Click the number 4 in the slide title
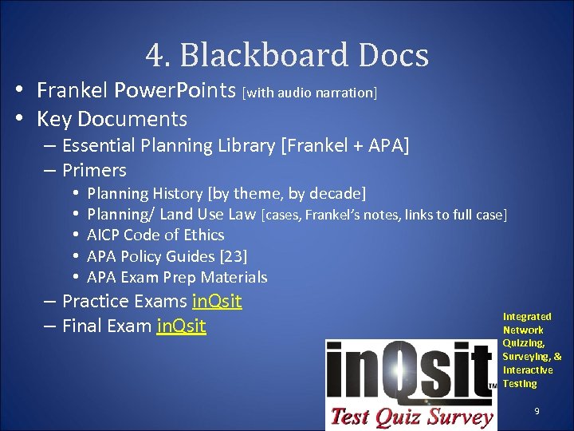(154, 56)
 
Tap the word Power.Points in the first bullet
(175, 90)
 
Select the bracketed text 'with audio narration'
(309, 93)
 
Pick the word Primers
(94, 170)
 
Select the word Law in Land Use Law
(242, 214)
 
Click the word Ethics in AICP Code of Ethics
(203, 235)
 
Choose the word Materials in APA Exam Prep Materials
(234, 277)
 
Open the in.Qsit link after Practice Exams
(217, 302)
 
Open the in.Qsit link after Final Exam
(181, 326)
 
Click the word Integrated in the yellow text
(527, 317)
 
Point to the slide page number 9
(537, 411)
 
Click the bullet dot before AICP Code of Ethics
(74, 235)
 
